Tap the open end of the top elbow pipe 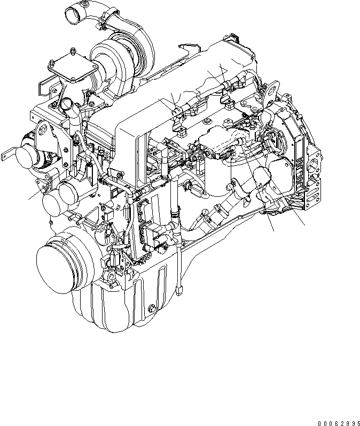click(71, 12)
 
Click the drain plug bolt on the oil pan click(152, 309)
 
